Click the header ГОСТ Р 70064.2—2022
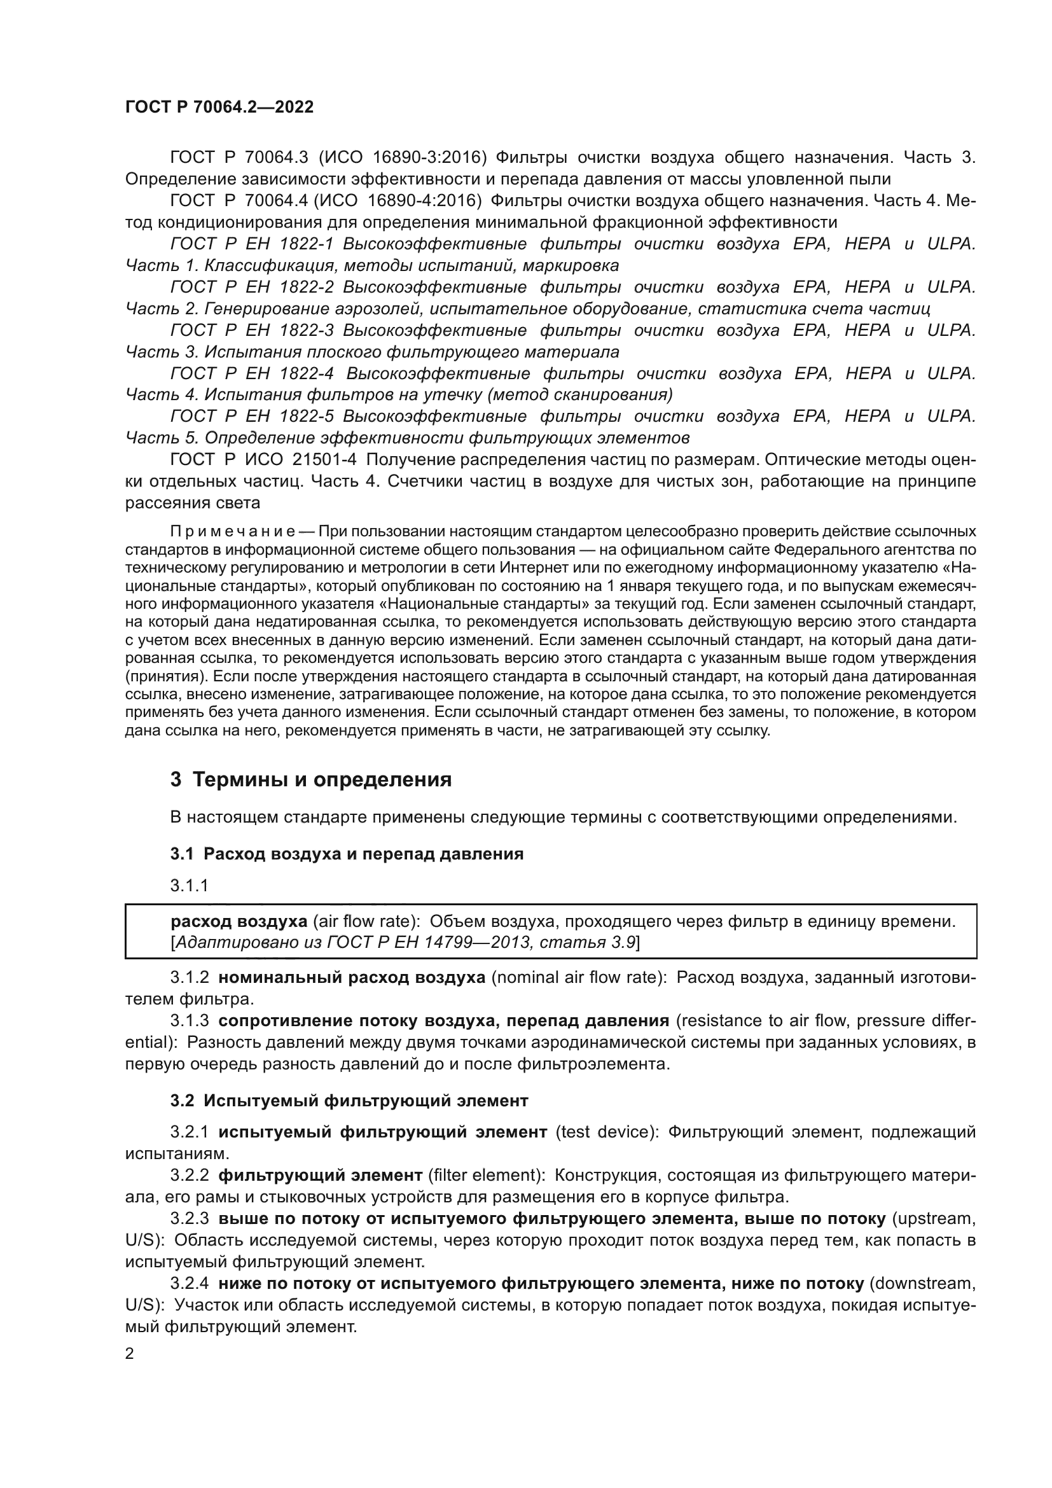pos(219,108)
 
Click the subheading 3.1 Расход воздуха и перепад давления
pos(347,854)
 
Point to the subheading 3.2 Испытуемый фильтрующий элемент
pos(349,1101)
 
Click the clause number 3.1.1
pos(189,886)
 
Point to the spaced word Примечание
pos(233,531)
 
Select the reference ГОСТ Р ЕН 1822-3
pos(252,331)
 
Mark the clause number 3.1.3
pos(189,1020)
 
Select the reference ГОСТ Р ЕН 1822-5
pos(252,416)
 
